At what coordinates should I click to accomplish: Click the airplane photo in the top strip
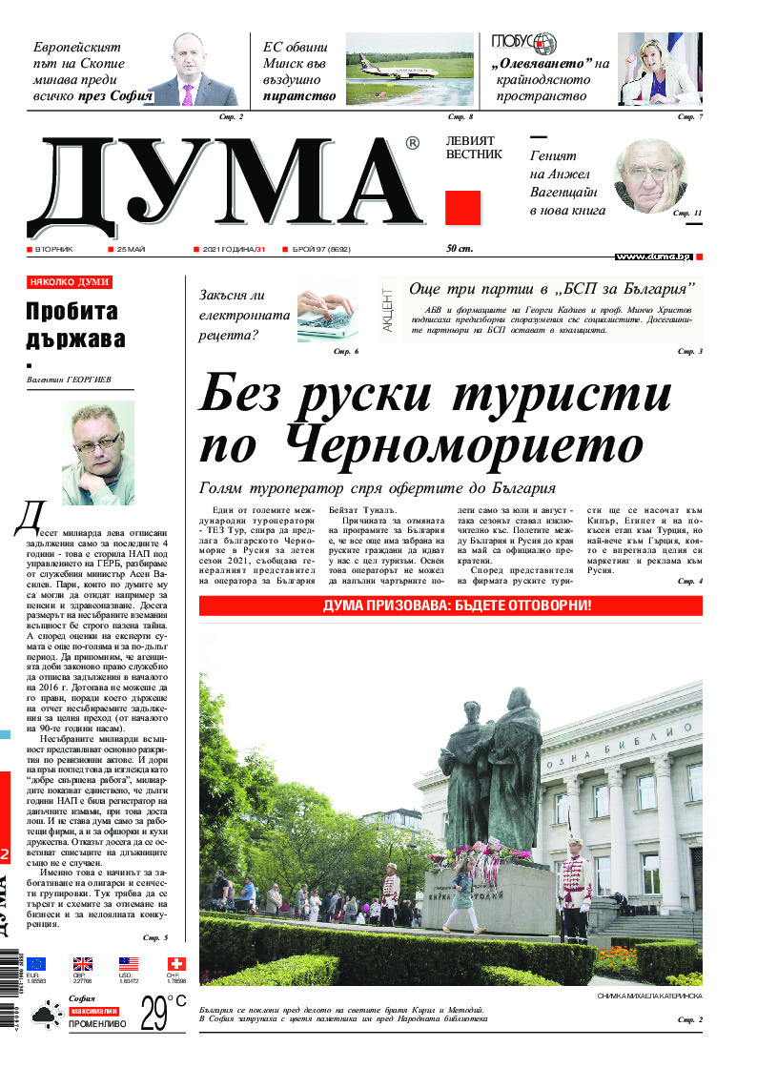[409, 69]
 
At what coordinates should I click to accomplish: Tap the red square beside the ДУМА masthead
[462, 208]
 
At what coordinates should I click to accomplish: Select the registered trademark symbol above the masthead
[412, 144]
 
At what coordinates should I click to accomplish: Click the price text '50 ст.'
[460, 250]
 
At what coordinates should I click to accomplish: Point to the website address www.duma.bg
[652, 257]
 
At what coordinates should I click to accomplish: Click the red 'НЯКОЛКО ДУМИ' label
[70, 282]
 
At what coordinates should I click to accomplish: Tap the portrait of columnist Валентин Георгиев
[98, 452]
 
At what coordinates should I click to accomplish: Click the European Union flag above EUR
[36, 964]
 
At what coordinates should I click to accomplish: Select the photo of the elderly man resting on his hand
[650, 175]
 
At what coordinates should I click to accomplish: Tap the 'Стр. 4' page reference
[688, 582]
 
